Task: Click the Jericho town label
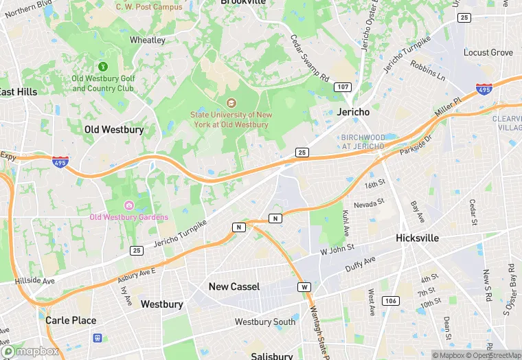(x=354, y=111)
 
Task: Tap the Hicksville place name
(x=417, y=238)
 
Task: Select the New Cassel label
(x=234, y=286)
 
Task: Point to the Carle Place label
(x=71, y=320)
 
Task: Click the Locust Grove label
(x=488, y=52)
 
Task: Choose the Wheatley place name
(x=148, y=40)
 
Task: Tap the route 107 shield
(x=343, y=87)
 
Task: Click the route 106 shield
(x=391, y=301)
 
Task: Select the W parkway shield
(x=304, y=286)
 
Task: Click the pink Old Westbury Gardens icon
(x=128, y=205)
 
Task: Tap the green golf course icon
(x=103, y=67)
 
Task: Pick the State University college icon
(x=231, y=103)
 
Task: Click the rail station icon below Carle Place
(x=98, y=337)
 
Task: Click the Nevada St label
(x=370, y=205)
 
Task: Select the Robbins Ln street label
(x=428, y=70)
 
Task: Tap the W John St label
(x=337, y=249)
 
